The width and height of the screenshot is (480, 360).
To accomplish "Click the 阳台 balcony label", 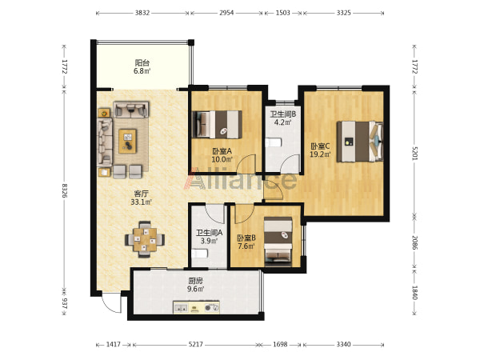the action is click(142, 63).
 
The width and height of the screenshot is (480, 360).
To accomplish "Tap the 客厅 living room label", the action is click(142, 194).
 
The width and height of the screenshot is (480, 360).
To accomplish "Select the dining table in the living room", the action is click(145, 240).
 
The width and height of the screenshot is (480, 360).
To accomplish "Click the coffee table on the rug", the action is click(128, 141).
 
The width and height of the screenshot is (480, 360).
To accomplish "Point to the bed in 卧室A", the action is click(217, 125).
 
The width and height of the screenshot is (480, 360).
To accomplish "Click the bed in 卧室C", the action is click(360, 142).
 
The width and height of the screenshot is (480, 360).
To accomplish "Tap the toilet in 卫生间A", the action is click(199, 254).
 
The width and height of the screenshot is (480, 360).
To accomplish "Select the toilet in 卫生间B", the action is click(274, 142).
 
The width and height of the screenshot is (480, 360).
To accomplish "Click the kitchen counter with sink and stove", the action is click(197, 307).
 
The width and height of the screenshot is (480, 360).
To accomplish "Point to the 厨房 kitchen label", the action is click(195, 281).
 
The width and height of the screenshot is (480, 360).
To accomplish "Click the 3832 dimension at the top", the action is click(142, 13).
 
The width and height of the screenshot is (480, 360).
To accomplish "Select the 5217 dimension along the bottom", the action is click(196, 344).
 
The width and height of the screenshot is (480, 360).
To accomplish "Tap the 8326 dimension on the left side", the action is click(64, 190).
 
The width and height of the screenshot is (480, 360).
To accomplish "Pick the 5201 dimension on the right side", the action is click(414, 153).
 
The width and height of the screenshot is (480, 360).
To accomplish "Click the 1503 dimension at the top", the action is click(283, 13).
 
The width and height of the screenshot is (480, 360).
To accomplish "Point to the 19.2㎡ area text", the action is click(320, 154).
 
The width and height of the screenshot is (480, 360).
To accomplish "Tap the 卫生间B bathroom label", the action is click(283, 114).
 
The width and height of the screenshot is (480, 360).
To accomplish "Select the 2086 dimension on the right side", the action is click(414, 242).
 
